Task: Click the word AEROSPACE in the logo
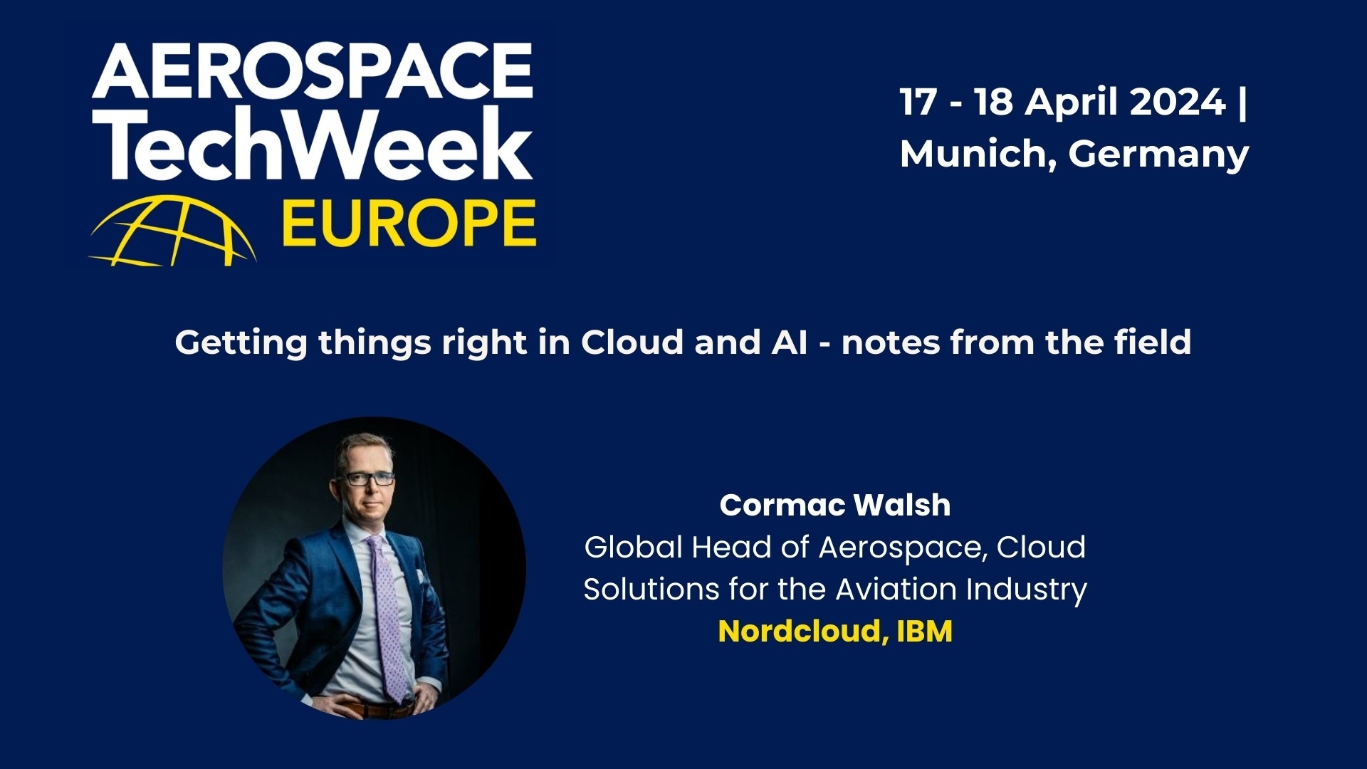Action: click(x=312, y=71)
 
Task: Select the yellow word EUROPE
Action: click(x=409, y=224)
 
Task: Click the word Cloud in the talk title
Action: click(x=632, y=342)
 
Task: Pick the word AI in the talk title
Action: click(x=789, y=342)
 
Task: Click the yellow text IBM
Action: click(x=924, y=632)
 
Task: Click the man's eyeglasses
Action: click(x=369, y=478)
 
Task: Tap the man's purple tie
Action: click(x=387, y=619)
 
